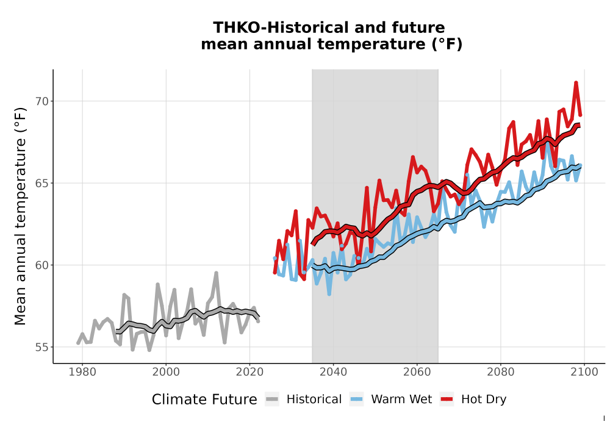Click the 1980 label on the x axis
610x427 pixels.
click(82, 372)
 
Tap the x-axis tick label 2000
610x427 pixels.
click(166, 372)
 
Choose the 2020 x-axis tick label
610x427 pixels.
click(249, 372)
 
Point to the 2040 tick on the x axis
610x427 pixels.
click(333, 372)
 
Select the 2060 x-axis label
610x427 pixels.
click(417, 372)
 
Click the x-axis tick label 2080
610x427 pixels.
click(500, 372)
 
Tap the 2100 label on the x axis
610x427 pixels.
click(584, 372)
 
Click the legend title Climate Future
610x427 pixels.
click(204, 400)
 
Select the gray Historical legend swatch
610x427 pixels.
click(272, 400)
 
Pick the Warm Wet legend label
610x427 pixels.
click(401, 400)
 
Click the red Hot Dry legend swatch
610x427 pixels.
click(447, 400)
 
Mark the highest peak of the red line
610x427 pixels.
click(576, 82)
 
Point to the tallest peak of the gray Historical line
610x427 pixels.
click(217, 273)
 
